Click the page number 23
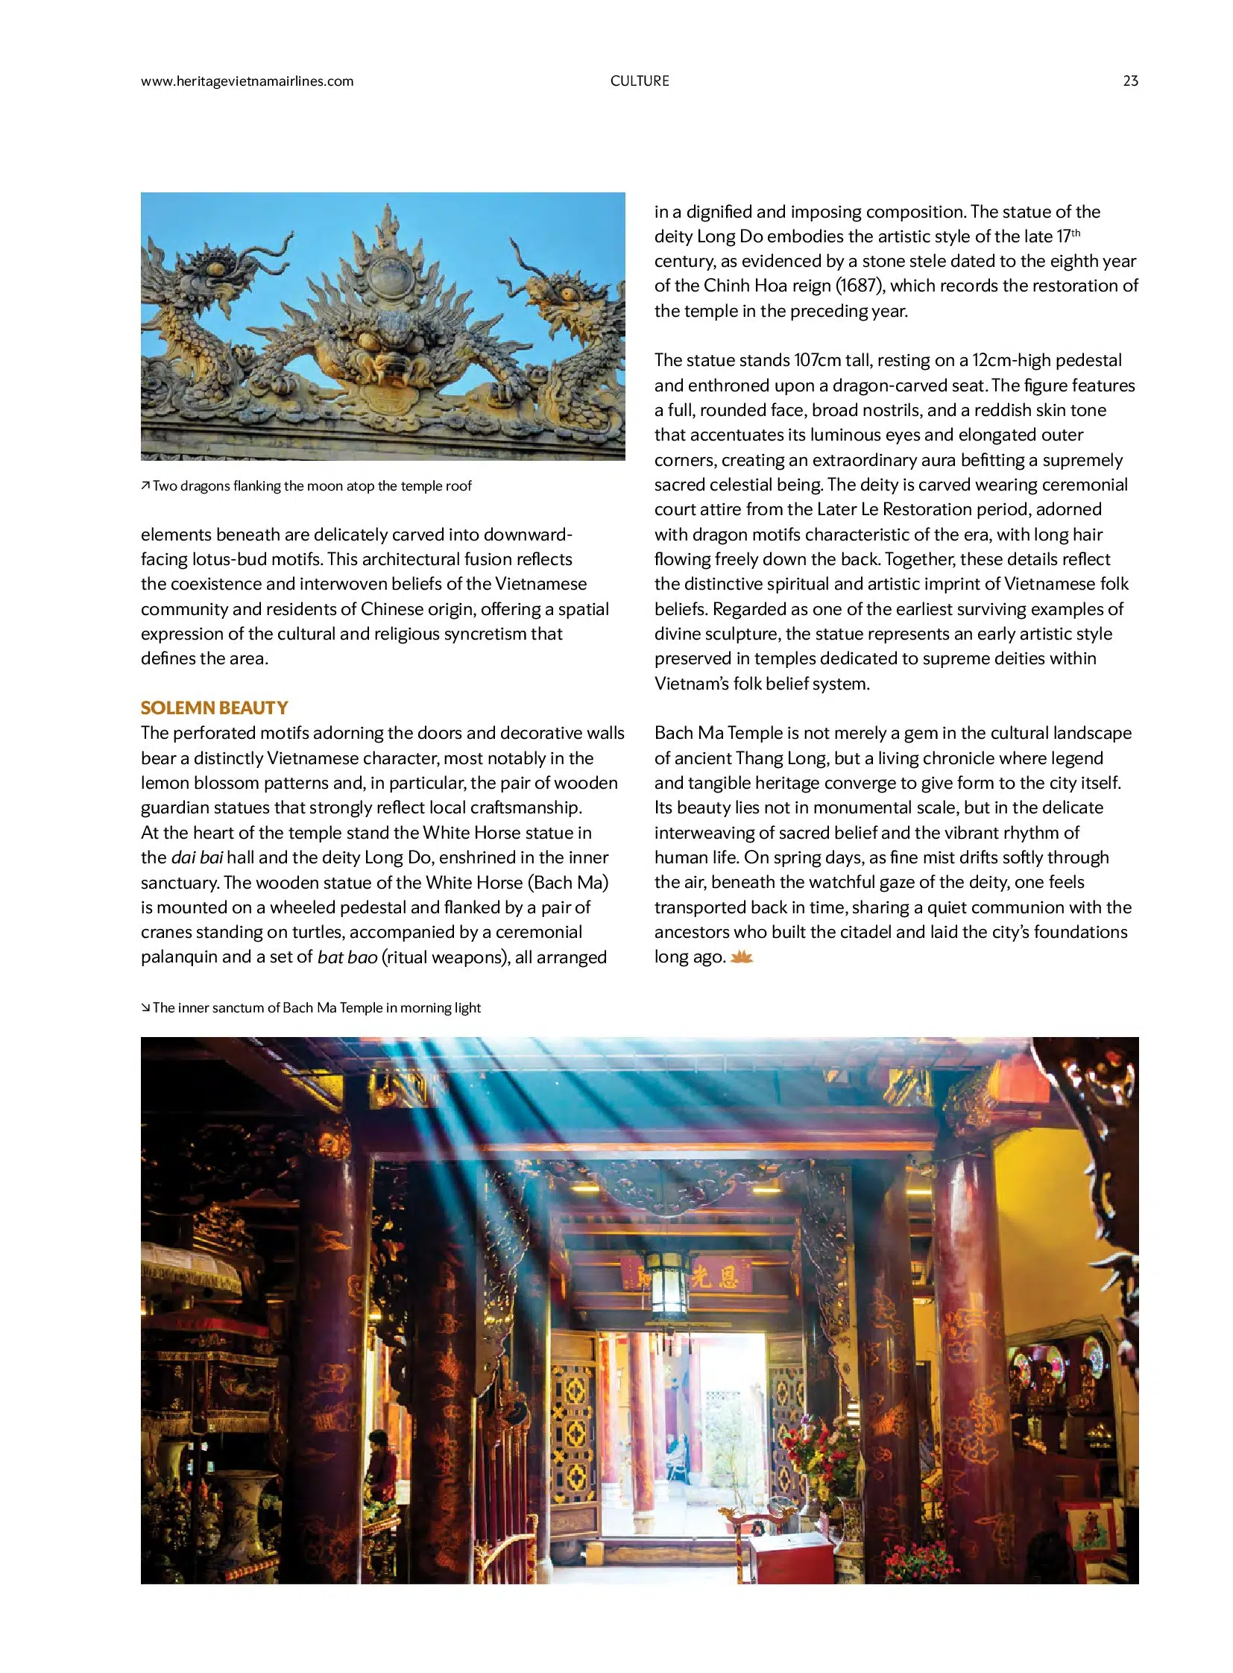coord(1130,81)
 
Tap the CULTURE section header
coord(640,81)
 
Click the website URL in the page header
coord(247,81)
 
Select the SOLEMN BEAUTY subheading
coord(214,707)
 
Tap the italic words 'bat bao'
coord(347,957)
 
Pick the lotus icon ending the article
coord(741,957)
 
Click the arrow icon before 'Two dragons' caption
coord(145,486)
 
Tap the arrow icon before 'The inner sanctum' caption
coord(145,1008)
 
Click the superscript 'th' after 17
coord(1076,233)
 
